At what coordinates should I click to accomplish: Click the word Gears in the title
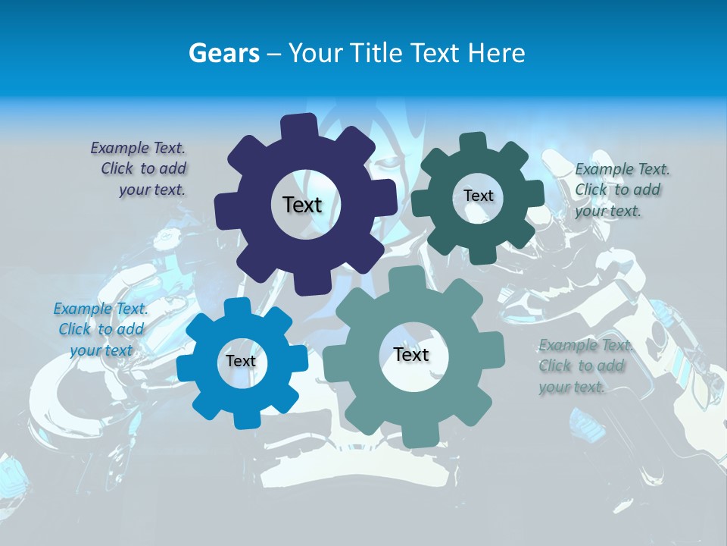pos(224,53)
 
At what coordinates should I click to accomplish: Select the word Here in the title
pos(497,53)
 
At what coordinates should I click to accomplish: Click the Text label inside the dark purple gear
pos(302,205)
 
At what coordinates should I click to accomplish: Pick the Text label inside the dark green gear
pos(478,196)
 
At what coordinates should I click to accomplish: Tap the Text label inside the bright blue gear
pos(241,361)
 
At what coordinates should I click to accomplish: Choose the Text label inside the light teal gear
pos(411,354)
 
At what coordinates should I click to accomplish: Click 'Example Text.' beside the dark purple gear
pos(138,148)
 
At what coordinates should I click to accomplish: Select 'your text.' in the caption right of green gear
pos(608,212)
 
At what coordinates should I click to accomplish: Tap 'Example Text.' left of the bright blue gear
pos(101,309)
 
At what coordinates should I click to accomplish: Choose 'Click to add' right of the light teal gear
pos(582,366)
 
